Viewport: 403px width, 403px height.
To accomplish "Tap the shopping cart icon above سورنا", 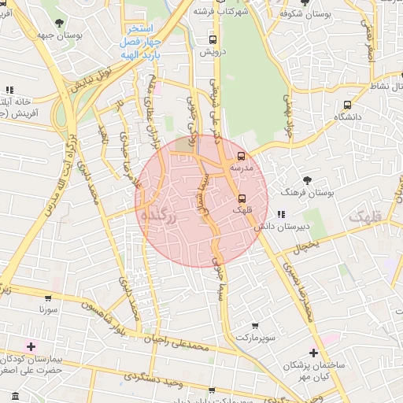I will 48,298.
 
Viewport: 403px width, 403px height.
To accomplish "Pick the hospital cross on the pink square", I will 31,346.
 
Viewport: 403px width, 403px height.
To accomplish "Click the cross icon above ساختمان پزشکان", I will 313,353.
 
